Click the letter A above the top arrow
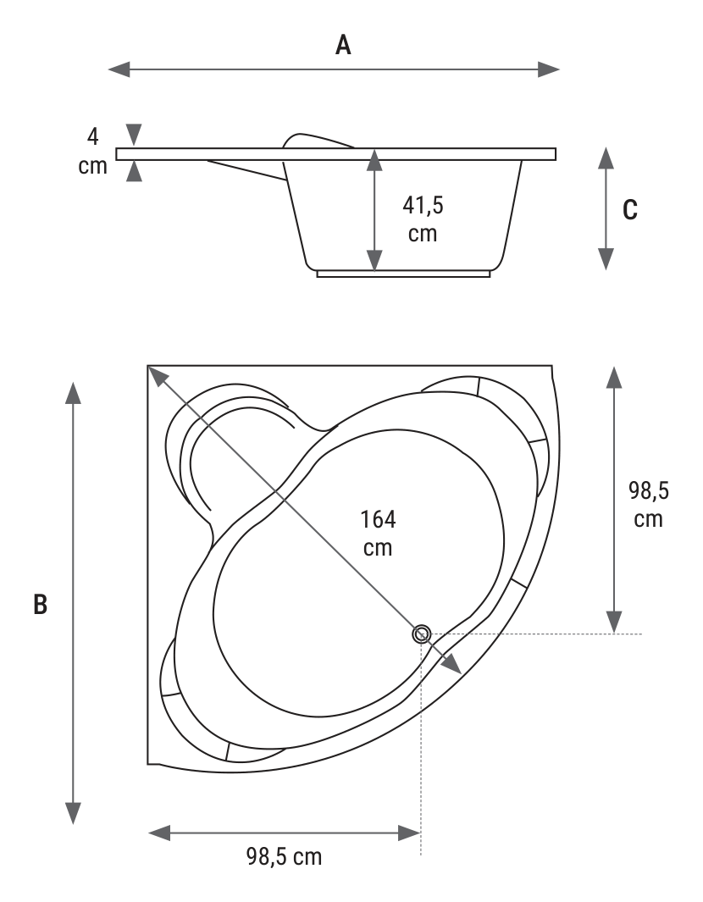[343, 44]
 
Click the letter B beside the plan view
[40, 605]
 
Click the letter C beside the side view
[630, 210]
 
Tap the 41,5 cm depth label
[423, 219]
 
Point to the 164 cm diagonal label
[378, 534]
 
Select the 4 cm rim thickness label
[92, 152]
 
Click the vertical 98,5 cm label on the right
[648, 505]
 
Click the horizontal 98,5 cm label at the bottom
[285, 856]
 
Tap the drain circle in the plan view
[422, 634]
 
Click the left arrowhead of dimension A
[119, 69]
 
